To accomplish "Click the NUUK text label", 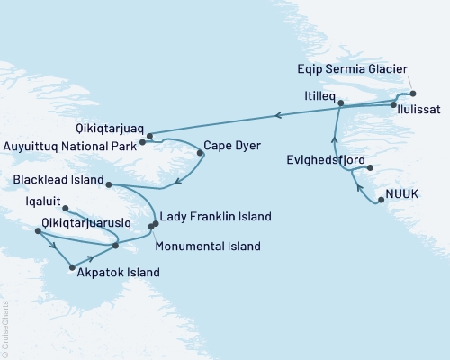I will [x=402, y=193].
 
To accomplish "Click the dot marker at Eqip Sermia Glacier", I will [x=412, y=94].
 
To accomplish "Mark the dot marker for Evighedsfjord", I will [x=370, y=167].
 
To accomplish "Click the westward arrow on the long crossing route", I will [x=277, y=114].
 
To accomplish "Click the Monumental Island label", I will [x=208, y=246].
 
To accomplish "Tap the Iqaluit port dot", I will [x=65, y=210].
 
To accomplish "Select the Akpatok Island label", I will [x=119, y=272].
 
